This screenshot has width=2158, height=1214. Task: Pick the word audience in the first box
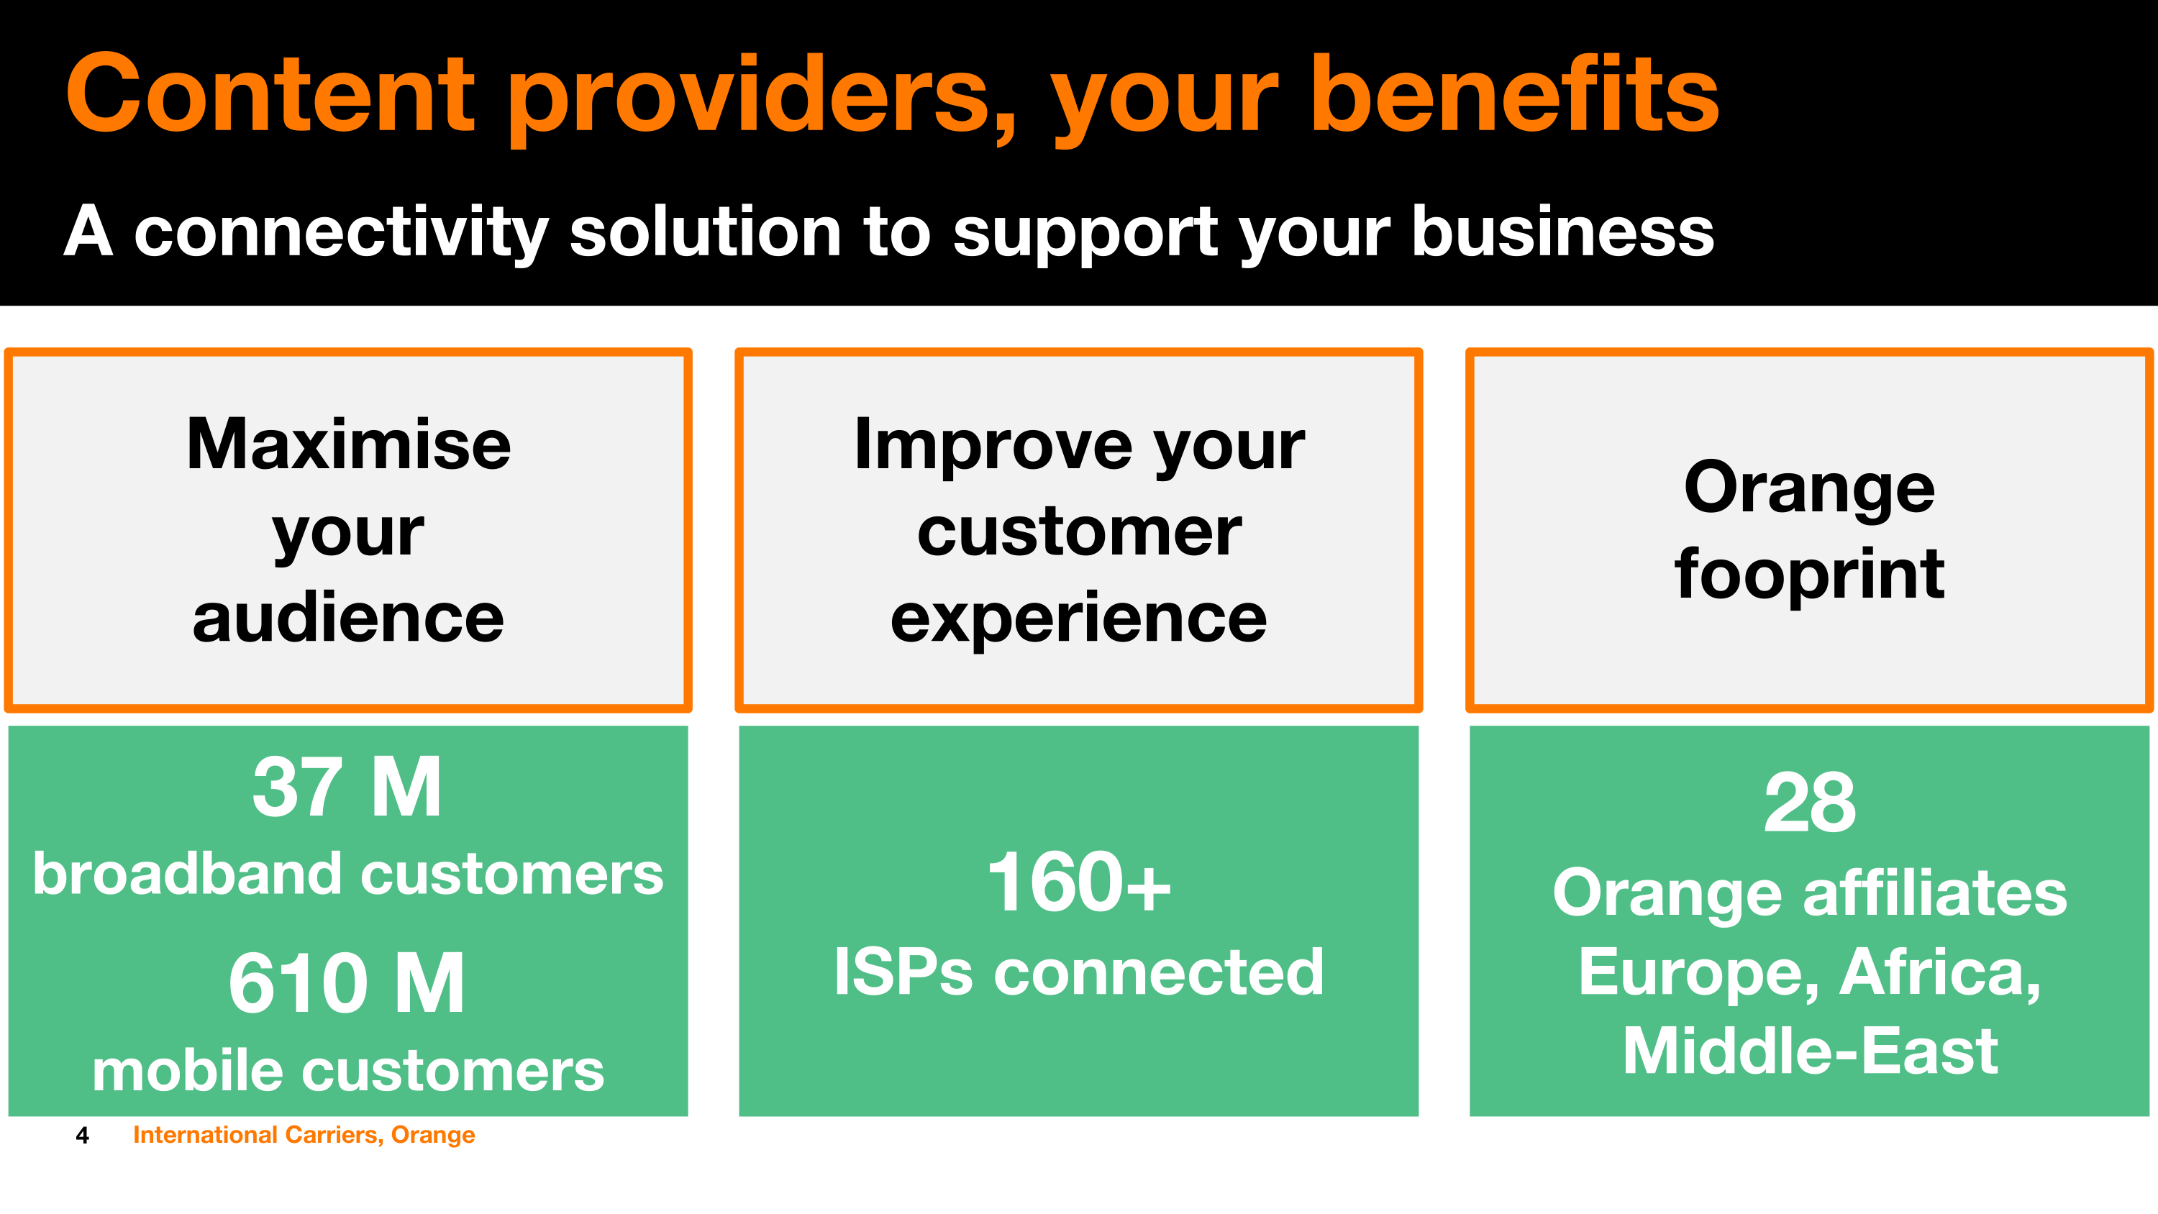pos(348,618)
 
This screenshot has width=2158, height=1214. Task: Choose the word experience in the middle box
pos(1079,619)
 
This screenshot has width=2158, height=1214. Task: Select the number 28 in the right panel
pos(1810,803)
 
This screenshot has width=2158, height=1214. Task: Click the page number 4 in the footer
pos(82,1135)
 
